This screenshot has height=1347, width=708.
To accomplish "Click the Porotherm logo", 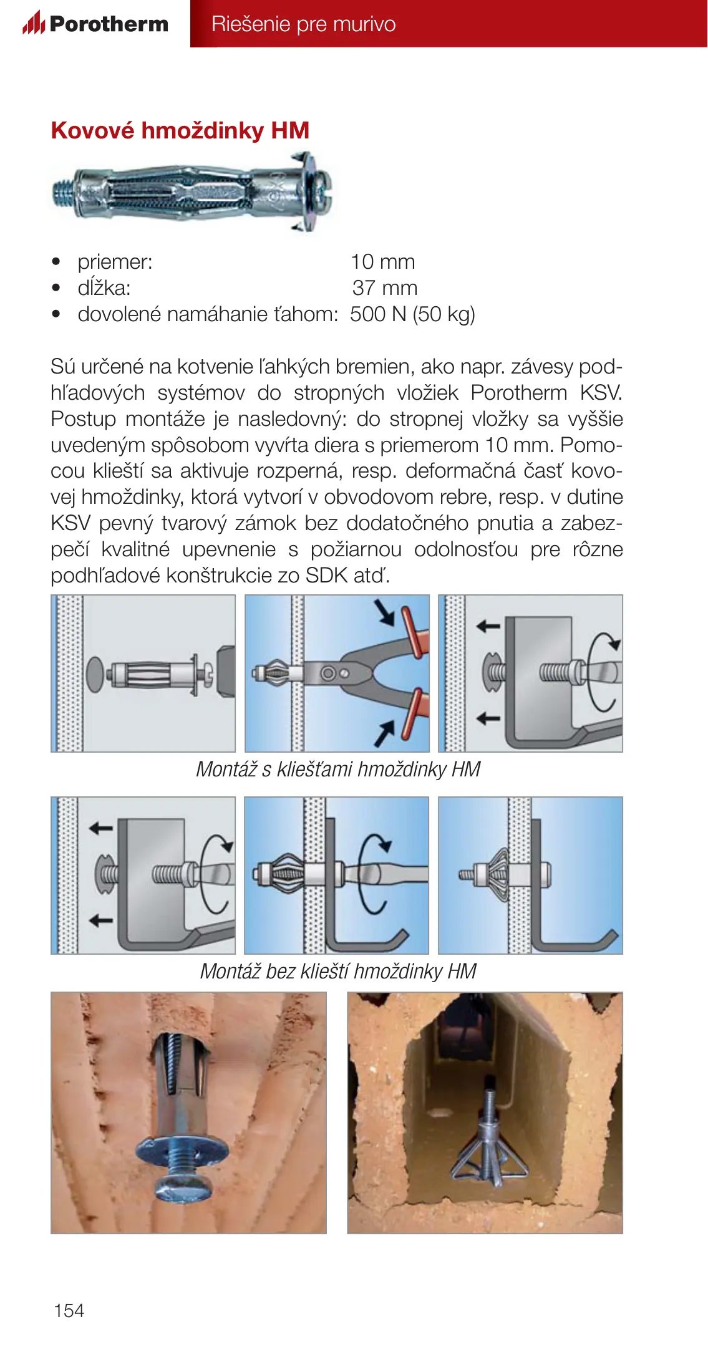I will coord(95,24).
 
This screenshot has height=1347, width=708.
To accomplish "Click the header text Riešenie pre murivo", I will coord(303,24).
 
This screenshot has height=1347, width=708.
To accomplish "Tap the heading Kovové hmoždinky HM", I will coord(180,130).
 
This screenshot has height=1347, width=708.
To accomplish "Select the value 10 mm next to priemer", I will coord(382,262).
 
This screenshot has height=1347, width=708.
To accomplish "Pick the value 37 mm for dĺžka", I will coord(384,288).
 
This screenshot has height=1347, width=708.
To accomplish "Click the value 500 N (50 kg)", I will coord(412,314).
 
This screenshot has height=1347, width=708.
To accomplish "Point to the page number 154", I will coord(69,1310).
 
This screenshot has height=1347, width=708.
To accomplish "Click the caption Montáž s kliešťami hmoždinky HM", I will coord(338,770).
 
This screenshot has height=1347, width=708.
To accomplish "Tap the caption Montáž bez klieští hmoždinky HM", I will coord(338,971).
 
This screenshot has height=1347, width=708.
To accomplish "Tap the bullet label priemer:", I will coord(115,262).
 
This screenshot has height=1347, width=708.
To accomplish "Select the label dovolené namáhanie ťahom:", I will coord(208,314).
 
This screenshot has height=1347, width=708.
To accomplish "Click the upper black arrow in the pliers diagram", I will coord(386,612).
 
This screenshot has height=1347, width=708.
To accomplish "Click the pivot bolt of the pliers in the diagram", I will coord(329,673).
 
